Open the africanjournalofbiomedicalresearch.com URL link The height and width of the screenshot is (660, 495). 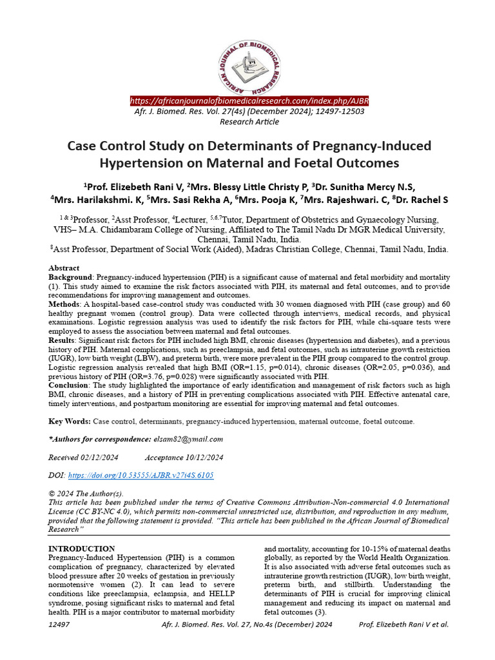click(249, 102)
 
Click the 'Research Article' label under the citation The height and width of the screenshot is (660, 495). click(249, 122)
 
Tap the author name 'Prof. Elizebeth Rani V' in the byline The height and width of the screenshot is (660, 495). click(131, 185)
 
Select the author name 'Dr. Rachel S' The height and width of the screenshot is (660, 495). click(422, 199)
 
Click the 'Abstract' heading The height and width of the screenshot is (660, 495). click(64, 267)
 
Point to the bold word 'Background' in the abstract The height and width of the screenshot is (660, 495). click(71, 277)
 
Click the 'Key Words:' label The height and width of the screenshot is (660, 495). click(70, 421)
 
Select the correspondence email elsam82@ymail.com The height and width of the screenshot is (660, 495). click(191, 440)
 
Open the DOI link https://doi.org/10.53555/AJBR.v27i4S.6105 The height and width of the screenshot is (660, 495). click(141, 475)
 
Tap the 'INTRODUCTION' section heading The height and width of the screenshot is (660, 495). click(82, 548)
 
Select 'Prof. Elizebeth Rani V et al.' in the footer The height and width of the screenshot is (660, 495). click(403, 625)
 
